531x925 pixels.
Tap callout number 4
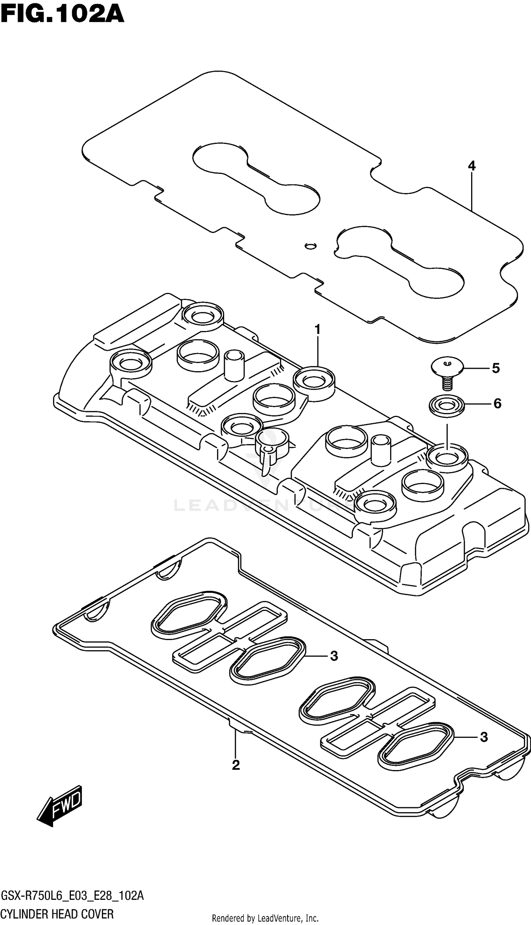pyautogui.click(x=472, y=166)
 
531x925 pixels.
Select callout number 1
pyautogui.click(x=317, y=330)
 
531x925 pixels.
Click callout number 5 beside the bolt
pyautogui.click(x=496, y=368)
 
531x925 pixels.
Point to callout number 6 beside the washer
pyautogui.click(x=497, y=403)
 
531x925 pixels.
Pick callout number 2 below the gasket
pyautogui.click(x=236, y=765)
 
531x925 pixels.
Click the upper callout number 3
pyautogui.click(x=334, y=656)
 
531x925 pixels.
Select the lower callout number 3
pyautogui.click(x=484, y=737)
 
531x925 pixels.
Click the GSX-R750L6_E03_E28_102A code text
pyautogui.click(x=72, y=896)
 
